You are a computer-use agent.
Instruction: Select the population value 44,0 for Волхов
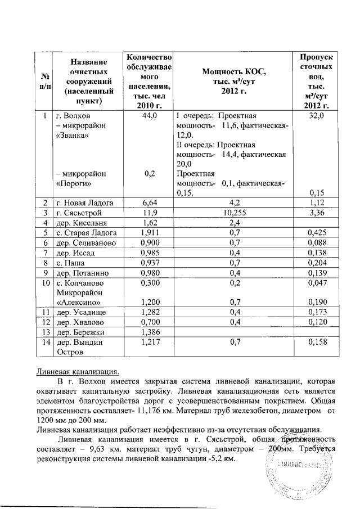click(149, 115)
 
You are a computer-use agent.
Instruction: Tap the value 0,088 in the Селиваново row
click(319, 244)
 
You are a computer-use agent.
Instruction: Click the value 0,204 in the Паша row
click(319, 264)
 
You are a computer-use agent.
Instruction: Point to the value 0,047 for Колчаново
click(319, 285)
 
